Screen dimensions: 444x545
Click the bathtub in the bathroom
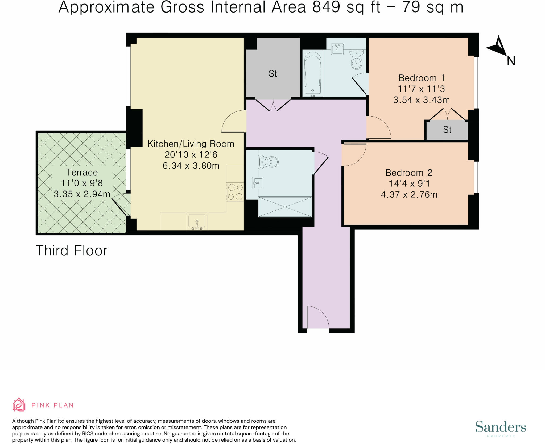312,73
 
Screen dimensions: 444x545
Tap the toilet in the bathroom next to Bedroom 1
356,60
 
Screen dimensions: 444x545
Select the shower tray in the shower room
285,207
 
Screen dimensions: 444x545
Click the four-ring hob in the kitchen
235,192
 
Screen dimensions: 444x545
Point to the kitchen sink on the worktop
197,222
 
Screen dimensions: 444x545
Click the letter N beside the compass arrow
511,61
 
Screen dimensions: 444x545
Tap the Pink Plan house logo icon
19,405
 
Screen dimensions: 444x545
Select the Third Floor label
71,251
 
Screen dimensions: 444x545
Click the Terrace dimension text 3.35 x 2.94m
82,194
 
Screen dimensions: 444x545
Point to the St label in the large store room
273,74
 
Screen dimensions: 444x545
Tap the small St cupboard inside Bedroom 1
447,130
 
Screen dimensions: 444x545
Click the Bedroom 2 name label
409,173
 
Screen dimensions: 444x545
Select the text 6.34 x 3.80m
191,166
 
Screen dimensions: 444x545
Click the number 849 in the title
326,7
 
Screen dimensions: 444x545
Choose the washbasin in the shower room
258,183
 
